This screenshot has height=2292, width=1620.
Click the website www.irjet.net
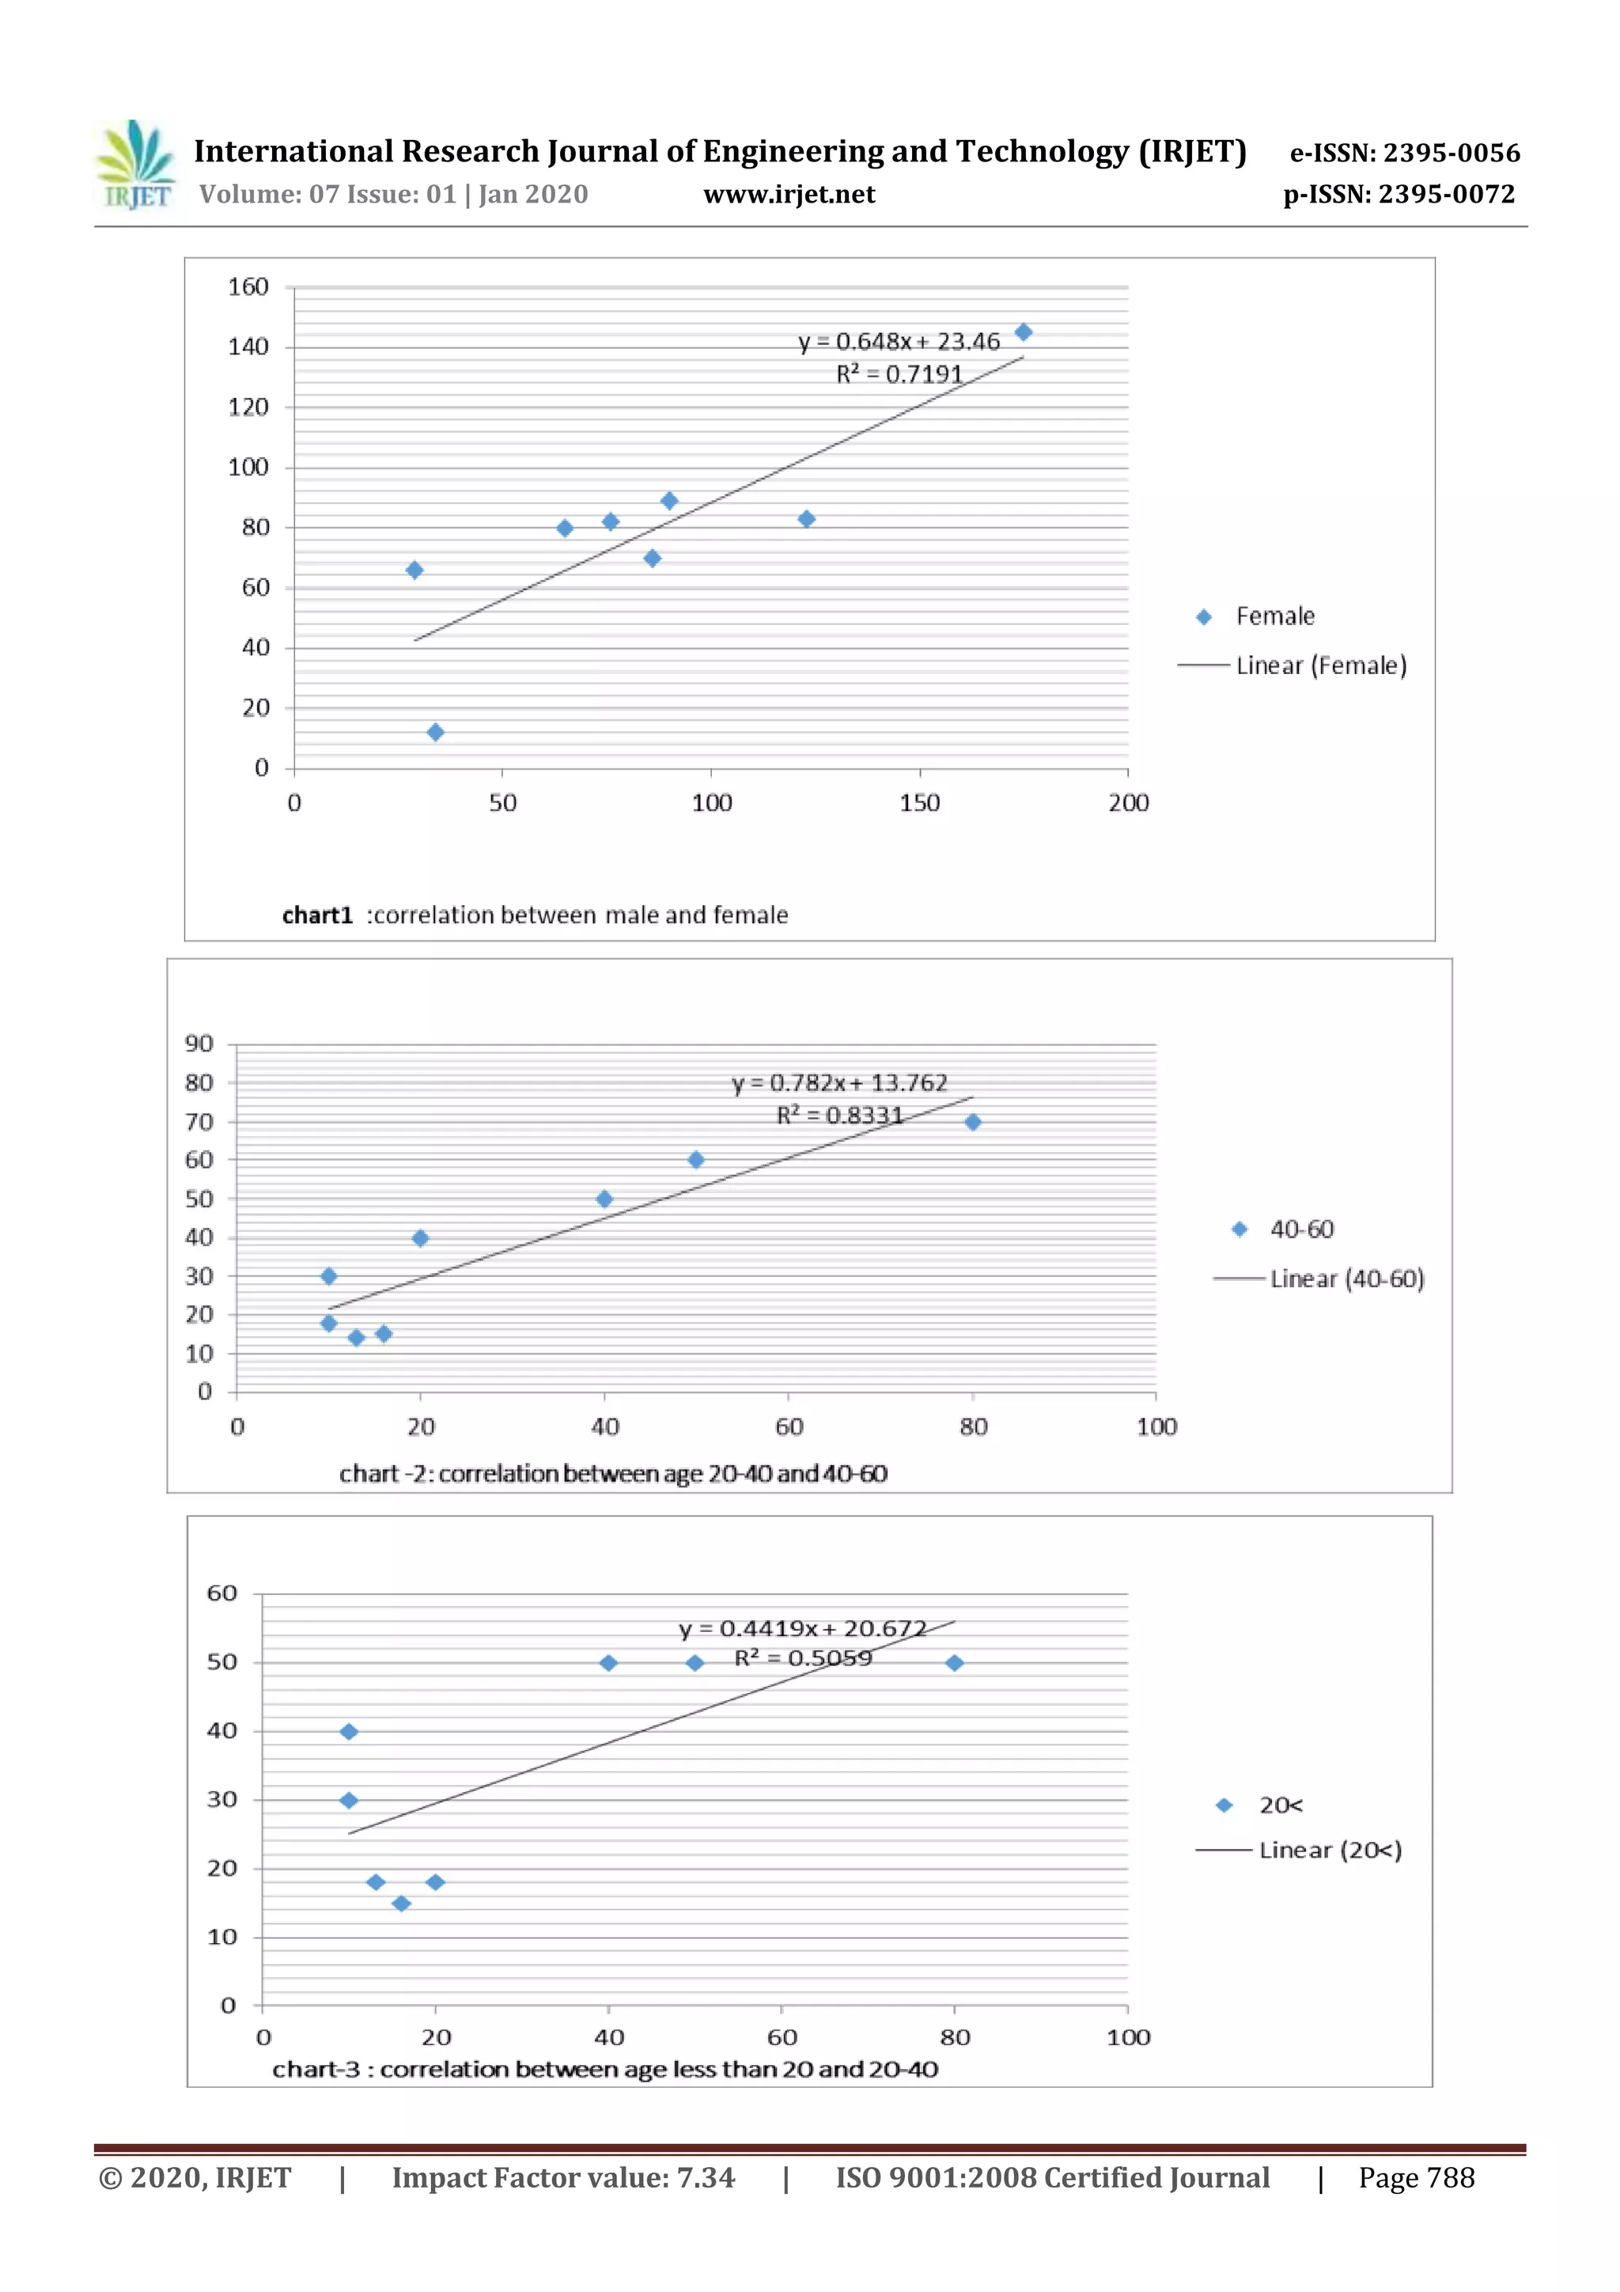pyautogui.click(x=789, y=195)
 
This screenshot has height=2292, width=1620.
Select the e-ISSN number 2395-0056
pyautogui.click(x=1404, y=153)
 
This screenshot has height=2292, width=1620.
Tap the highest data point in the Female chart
pyautogui.click(x=1023, y=332)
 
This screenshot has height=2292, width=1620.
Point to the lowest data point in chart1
pyautogui.click(x=435, y=732)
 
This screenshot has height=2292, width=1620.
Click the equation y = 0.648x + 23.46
pyautogui.click(x=899, y=342)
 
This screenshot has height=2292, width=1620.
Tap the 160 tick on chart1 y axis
pyautogui.click(x=248, y=287)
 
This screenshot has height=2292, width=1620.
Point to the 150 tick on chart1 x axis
pyautogui.click(x=919, y=802)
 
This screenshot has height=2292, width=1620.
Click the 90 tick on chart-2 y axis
pyautogui.click(x=199, y=1044)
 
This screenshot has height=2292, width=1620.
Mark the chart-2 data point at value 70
pyautogui.click(x=972, y=1122)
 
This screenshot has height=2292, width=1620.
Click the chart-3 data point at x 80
pyautogui.click(x=954, y=1663)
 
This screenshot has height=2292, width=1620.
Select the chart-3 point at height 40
pyautogui.click(x=348, y=1732)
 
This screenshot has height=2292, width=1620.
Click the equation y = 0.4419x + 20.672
pyautogui.click(x=803, y=1629)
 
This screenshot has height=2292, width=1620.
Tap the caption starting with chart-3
pyautogui.click(x=605, y=2070)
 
